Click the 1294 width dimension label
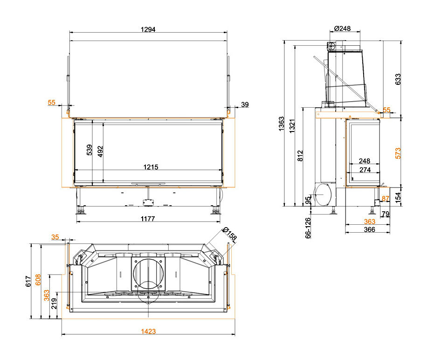[x=148, y=29]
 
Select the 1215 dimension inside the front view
[x=151, y=167]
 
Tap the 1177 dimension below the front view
[x=148, y=219]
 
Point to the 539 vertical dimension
[x=90, y=150]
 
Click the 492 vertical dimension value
[x=100, y=152]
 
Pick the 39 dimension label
[x=245, y=104]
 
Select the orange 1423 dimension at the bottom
[x=148, y=332]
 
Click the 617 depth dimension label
[x=28, y=281]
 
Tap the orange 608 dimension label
[x=38, y=280]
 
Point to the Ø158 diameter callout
[x=229, y=234]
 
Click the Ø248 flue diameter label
[x=342, y=28]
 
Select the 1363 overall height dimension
[x=281, y=124]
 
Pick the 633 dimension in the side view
[x=398, y=79]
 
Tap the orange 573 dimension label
[x=398, y=153]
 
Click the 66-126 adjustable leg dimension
[x=308, y=228]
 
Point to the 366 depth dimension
[x=369, y=229]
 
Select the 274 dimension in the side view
[x=365, y=170]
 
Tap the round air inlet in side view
[x=323, y=195]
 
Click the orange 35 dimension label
[x=55, y=237]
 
